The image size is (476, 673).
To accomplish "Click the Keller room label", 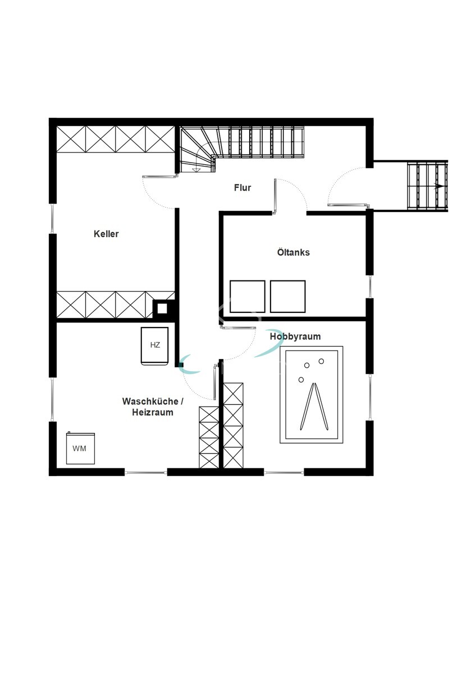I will (106, 234).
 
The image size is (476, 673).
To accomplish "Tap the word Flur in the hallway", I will (242, 188).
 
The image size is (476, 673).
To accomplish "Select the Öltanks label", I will (293, 252).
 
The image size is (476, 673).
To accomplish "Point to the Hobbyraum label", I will (295, 336).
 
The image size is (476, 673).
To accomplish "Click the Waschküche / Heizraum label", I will (153, 407).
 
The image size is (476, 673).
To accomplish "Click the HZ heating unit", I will (154, 345).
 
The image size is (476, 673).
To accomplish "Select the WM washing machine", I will (80, 448).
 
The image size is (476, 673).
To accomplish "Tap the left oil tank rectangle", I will (248, 296).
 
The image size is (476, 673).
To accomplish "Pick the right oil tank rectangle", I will (287, 296).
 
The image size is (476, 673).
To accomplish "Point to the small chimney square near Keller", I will (162, 307).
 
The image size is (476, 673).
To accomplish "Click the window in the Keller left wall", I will (52, 218).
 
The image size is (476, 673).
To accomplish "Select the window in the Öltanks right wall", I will (369, 287).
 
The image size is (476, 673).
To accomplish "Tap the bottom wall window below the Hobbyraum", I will (283, 473).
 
